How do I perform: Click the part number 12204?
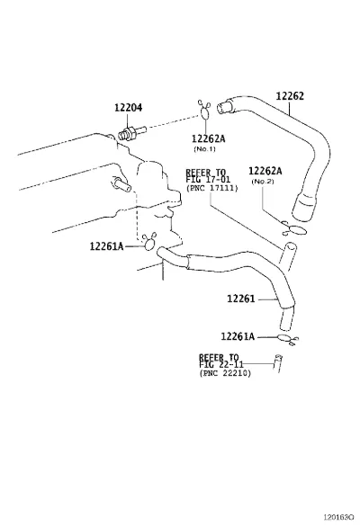[129, 107]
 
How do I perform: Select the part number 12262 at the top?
[290, 96]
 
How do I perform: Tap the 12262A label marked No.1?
[208, 138]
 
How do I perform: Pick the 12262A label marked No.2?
[265, 171]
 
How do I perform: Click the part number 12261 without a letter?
[241, 299]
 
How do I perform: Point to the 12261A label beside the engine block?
[106, 246]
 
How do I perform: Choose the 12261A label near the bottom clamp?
[238, 336]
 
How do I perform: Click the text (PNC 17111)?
[211, 188]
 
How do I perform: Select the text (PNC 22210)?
[225, 373]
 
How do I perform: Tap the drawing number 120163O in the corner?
[338, 516]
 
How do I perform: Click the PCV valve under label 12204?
[132, 132]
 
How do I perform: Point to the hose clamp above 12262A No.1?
[203, 110]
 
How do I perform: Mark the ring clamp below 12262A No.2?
[294, 228]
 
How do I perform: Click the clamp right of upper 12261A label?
[149, 242]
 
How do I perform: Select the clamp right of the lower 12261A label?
[288, 340]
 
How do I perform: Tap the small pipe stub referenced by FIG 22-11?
[278, 363]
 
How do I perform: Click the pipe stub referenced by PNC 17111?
[288, 256]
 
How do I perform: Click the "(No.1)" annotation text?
[204, 149]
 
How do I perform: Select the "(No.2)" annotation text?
[263, 182]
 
